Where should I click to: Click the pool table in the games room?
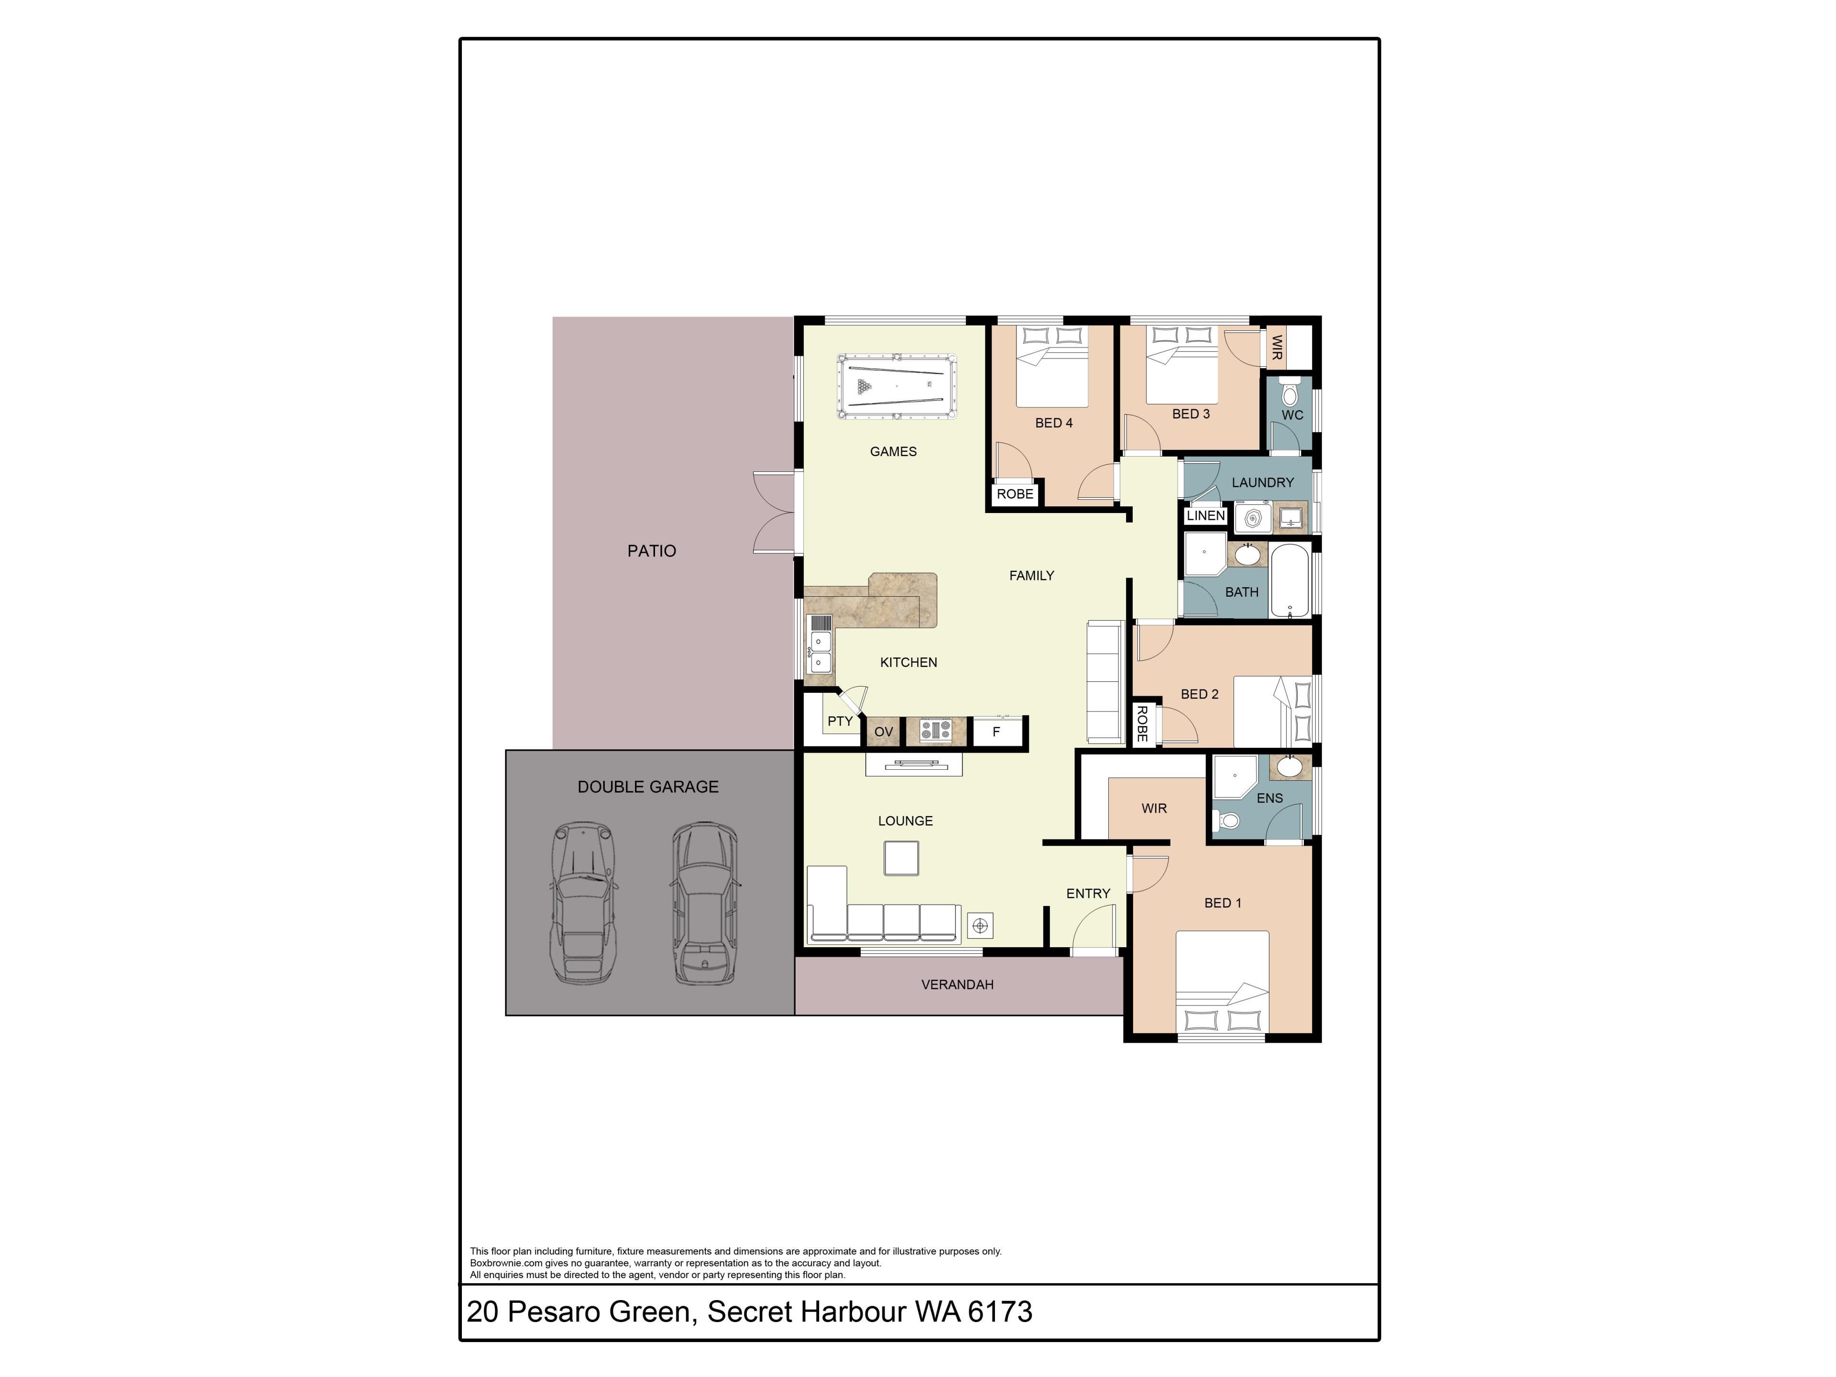click(896, 387)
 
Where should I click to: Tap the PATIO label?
click(652, 551)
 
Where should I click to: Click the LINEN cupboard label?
click(1205, 515)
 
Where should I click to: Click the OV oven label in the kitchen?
click(883, 731)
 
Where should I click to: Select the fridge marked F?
click(996, 731)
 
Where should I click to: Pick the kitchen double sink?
click(819, 652)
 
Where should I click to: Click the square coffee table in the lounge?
click(901, 858)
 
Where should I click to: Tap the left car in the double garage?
click(584, 903)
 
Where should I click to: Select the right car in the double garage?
click(705, 903)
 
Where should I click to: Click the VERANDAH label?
click(957, 984)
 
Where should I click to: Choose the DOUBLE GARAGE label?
click(648, 787)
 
